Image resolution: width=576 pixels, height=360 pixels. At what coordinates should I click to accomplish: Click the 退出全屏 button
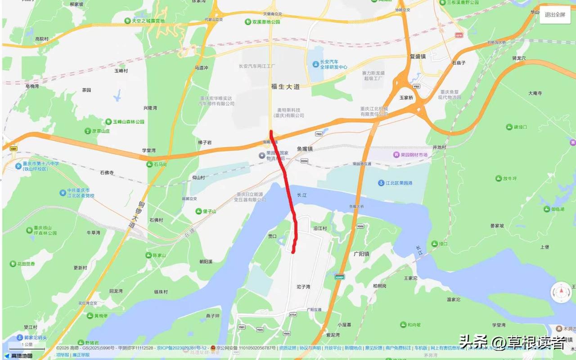pyautogui.click(x=554, y=14)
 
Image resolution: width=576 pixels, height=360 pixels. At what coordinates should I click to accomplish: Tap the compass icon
pyautogui.click(x=561, y=292)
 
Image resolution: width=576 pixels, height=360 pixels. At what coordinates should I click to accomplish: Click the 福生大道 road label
pyautogui.click(x=285, y=86)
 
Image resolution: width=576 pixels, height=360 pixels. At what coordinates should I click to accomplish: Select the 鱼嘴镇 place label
pyautogui.click(x=304, y=148)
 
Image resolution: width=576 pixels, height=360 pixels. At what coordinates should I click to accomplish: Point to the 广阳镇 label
pyautogui.click(x=361, y=254)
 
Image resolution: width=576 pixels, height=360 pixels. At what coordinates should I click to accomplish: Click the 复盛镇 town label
pyautogui.click(x=418, y=57)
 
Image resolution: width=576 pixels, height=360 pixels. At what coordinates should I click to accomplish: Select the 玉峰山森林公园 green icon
pyautogui.click(x=108, y=122)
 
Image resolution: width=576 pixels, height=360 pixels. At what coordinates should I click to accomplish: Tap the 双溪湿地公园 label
pyautogui.click(x=266, y=22)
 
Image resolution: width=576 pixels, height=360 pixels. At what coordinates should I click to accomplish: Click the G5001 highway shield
pyautogui.click(x=340, y=276)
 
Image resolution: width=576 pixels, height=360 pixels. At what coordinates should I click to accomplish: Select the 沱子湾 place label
pyautogui.click(x=303, y=287)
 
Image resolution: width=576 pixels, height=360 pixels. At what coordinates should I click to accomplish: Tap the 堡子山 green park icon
pyautogui.click(x=198, y=211)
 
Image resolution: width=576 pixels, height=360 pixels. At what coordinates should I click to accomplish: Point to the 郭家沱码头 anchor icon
pyautogui.click(x=19, y=337)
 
